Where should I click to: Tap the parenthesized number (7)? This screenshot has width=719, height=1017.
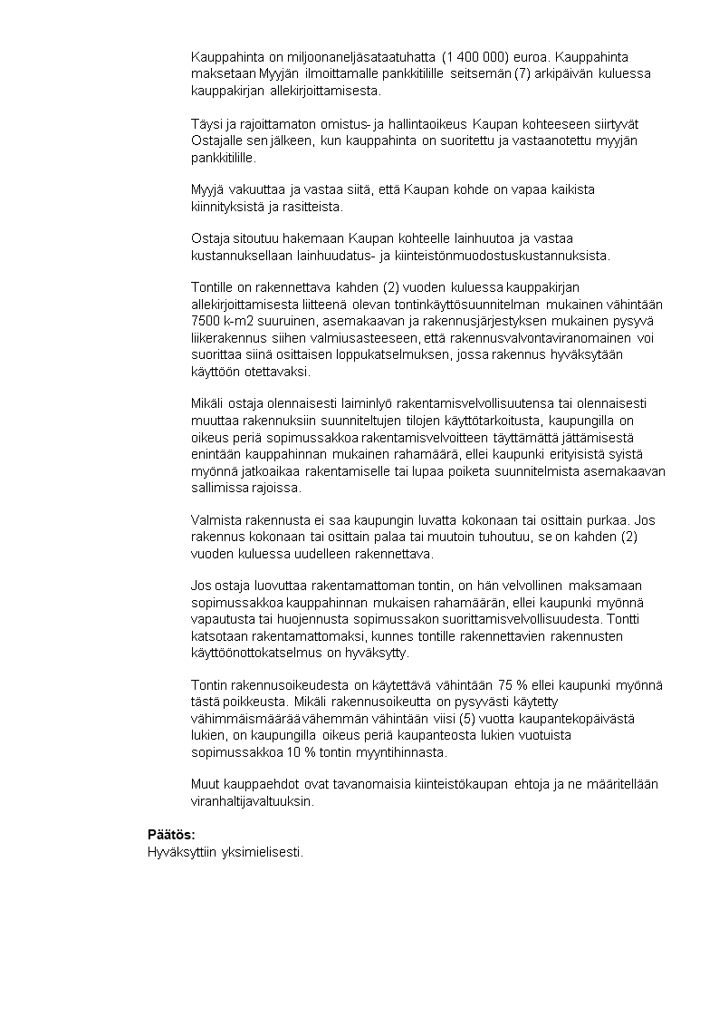click(522, 73)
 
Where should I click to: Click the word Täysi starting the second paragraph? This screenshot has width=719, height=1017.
click(207, 123)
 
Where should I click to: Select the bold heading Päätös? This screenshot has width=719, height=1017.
click(171, 834)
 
